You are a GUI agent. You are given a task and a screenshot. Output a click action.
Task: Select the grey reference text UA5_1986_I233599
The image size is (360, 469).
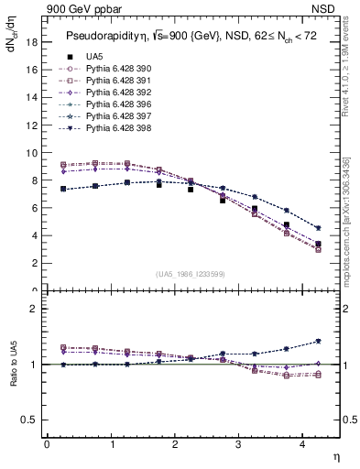coord(192,274)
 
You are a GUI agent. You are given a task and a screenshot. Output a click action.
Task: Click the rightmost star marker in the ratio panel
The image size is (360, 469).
coord(318,341)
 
